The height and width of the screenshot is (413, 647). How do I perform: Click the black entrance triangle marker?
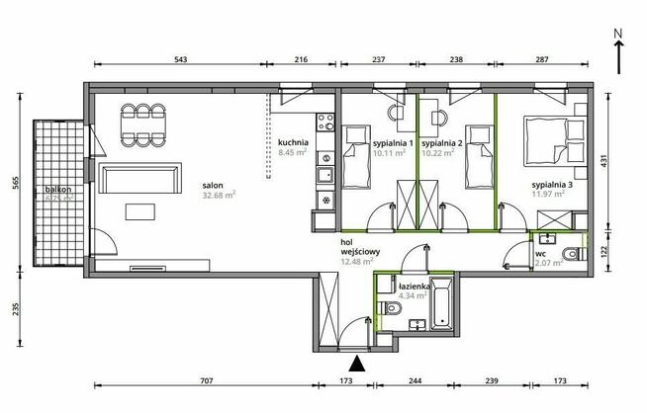357,365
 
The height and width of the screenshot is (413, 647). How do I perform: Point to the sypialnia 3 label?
552,185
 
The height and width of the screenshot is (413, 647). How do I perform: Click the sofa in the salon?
142,180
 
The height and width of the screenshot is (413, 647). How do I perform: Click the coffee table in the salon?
140,211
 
